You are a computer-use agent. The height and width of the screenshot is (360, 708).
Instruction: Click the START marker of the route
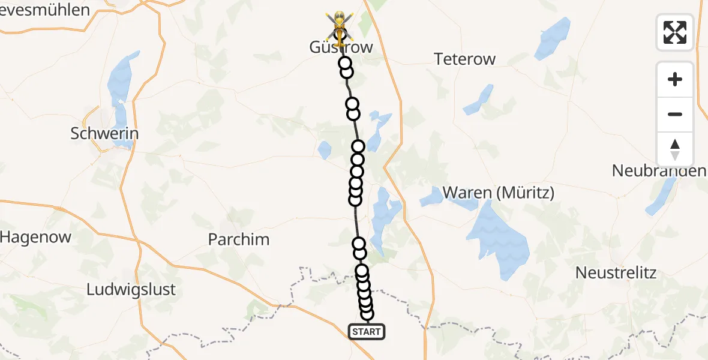(x=366, y=332)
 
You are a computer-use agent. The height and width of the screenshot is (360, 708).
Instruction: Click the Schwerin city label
(x=104, y=134)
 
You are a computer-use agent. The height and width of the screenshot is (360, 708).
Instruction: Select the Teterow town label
(x=465, y=59)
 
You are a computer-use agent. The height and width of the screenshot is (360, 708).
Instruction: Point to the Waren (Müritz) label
(x=499, y=193)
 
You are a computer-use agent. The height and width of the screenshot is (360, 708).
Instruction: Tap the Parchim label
(x=238, y=239)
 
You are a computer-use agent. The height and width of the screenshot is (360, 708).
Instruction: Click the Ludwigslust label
(x=131, y=289)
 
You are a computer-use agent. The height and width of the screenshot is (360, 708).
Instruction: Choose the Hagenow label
(x=36, y=237)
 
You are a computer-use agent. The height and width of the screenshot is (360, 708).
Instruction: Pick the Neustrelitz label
(x=616, y=272)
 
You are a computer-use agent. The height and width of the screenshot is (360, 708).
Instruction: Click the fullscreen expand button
(x=675, y=32)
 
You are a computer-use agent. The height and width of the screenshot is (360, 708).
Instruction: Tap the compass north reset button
(x=675, y=149)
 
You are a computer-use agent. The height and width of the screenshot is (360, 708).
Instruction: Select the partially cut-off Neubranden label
(x=659, y=171)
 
